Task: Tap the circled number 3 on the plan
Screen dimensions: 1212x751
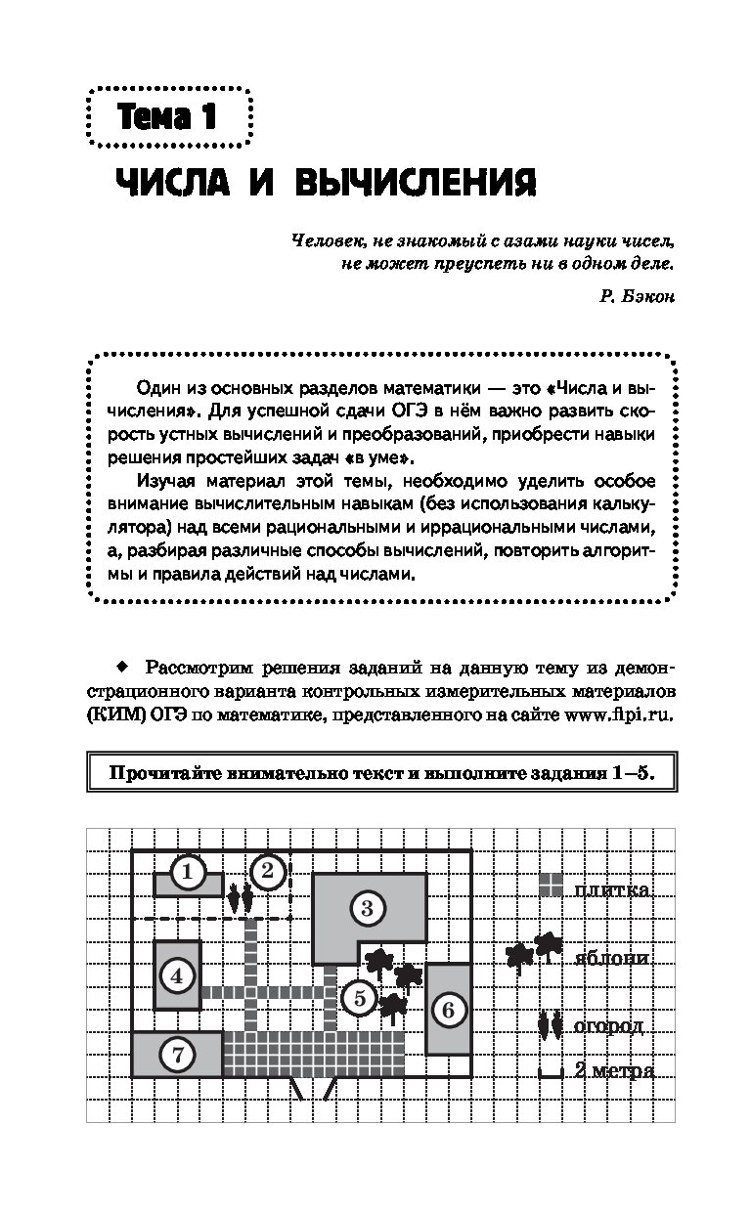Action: [367, 909]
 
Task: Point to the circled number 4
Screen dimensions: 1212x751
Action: [177, 974]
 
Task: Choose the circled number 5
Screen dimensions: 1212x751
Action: [359, 998]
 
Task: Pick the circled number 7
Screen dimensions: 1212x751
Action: [177, 1055]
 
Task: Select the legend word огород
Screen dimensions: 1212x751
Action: [608, 1025]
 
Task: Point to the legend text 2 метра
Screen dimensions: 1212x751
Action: [613, 1070]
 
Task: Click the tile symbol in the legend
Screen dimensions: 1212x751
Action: [552, 885]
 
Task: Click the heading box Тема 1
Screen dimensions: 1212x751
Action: [167, 118]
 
